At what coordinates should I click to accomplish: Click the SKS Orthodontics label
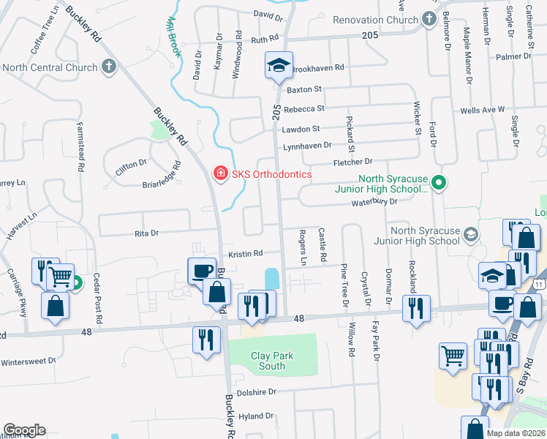[x=271, y=174]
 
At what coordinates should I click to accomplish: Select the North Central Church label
[x=50, y=67]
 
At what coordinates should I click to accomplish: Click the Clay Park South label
[x=272, y=361]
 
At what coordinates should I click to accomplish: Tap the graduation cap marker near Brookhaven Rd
[x=278, y=66]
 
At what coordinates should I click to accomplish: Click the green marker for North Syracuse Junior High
[x=438, y=181]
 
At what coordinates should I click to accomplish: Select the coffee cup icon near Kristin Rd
[x=201, y=271]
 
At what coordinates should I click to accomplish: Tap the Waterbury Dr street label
[x=374, y=203]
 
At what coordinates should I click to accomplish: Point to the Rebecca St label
[x=303, y=108]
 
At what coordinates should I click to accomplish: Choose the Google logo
[x=24, y=430]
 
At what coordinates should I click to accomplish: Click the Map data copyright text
[x=516, y=433]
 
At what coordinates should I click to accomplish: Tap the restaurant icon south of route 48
[x=205, y=340]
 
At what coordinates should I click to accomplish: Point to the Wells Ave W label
[x=482, y=110]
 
